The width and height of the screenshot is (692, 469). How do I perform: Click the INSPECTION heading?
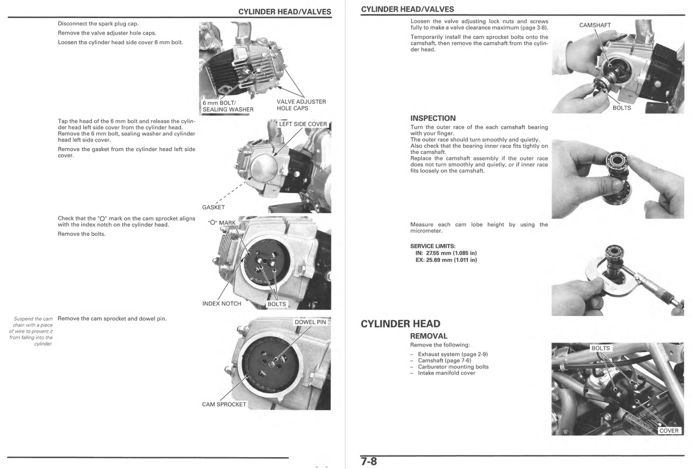click(x=432, y=118)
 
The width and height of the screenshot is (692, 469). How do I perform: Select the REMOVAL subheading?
click(x=429, y=336)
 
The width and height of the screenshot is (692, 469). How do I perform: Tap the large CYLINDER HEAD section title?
click(x=400, y=324)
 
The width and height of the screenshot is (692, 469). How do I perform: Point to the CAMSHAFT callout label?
click(x=595, y=25)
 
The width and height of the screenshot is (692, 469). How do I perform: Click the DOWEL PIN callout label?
click(x=310, y=322)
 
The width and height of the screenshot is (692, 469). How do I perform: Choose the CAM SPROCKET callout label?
click(x=224, y=404)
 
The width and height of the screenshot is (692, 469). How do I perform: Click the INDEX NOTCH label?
click(x=222, y=303)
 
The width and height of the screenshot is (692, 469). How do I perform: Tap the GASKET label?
click(x=213, y=207)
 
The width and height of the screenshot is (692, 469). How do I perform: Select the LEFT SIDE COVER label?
click(x=303, y=124)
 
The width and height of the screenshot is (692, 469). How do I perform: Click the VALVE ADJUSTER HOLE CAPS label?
click(x=301, y=105)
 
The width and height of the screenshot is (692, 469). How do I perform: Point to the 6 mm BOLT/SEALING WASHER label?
click(x=228, y=106)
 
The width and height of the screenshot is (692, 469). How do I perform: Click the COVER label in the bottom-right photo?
click(x=669, y=431)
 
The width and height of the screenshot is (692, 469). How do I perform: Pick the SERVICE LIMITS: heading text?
click(x=432, y=246)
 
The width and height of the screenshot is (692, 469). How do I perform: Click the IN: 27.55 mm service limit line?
click(x=445, y=253)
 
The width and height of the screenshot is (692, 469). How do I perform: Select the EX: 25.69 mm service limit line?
click(x=445, y=260)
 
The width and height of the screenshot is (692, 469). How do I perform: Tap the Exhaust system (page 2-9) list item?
click(x=453, y=354)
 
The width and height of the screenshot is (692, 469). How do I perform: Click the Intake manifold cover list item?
click(x=446, y=373)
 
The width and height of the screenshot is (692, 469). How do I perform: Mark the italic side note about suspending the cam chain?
click(x=32, y=331)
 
